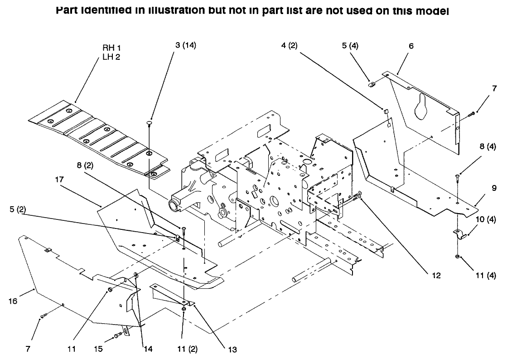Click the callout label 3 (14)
tap(185, 45)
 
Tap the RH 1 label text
tap(111, 48)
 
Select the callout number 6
tap(411, 46)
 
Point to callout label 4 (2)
tap(289, 45)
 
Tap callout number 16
tap(14, 301)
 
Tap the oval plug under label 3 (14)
tap(149, 122)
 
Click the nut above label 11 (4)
tap(458, 258)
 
